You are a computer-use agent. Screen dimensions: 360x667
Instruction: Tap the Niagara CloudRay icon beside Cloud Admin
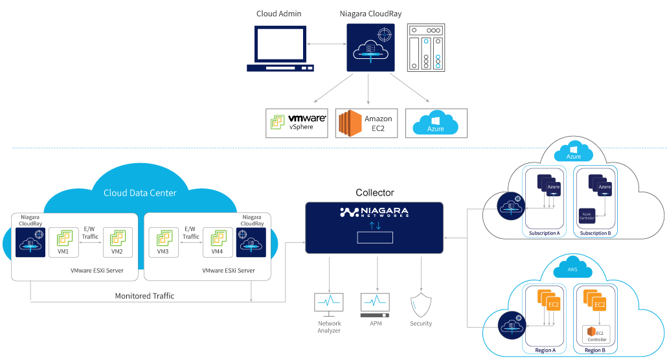369,49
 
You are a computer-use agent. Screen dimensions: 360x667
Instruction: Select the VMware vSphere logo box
298,122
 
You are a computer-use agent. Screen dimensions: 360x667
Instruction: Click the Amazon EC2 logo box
367,122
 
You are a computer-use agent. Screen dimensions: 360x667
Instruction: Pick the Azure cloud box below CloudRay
436,122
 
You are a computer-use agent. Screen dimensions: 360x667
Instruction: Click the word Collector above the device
374,192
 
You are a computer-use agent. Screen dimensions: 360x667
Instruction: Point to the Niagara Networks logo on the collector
374,212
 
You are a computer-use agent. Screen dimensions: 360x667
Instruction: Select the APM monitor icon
375,303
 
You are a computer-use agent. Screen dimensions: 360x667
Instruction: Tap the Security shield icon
421,304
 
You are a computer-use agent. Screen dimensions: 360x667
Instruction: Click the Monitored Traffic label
144,296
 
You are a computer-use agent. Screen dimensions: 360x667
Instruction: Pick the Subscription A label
544,233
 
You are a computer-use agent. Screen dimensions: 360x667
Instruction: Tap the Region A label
545,350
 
